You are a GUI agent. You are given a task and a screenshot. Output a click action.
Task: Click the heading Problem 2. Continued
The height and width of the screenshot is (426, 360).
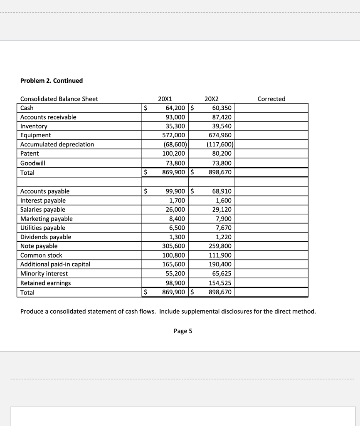click(x=52, y=81)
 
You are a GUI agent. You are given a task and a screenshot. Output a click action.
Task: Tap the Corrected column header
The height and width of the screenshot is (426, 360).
click(x=271, y=99)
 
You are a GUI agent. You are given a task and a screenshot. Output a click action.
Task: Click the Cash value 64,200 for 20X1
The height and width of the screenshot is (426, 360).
click(x=175, y=108)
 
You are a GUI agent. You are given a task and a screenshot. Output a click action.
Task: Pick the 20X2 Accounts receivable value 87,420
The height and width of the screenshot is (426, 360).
click(x=222, y=117)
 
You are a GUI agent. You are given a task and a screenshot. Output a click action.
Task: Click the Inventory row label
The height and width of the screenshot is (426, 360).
click(x=34, y=126)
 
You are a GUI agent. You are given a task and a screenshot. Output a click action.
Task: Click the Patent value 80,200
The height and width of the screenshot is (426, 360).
click(x=222, y=154)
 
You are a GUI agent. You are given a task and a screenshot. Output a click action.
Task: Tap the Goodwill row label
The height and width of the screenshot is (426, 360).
click(x=32, y=163)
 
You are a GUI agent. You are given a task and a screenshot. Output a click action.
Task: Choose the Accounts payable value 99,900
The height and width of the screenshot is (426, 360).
click(x=175, y=191)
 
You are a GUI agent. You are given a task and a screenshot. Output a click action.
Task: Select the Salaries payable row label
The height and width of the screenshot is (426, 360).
click(x=43, y=210)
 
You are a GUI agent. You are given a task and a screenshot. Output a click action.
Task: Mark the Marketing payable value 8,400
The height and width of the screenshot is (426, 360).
click(x=178, y=219)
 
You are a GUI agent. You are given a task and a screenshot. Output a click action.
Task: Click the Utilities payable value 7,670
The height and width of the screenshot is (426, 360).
click(x=224, y=228)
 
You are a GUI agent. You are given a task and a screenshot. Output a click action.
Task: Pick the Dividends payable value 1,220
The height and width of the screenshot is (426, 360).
click(x=224, y=237)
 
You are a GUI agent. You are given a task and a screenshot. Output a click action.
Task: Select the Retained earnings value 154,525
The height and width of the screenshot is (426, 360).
click(x=220, y=283)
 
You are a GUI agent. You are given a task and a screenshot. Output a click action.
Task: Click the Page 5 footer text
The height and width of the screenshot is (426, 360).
click(x=183, y=331)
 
